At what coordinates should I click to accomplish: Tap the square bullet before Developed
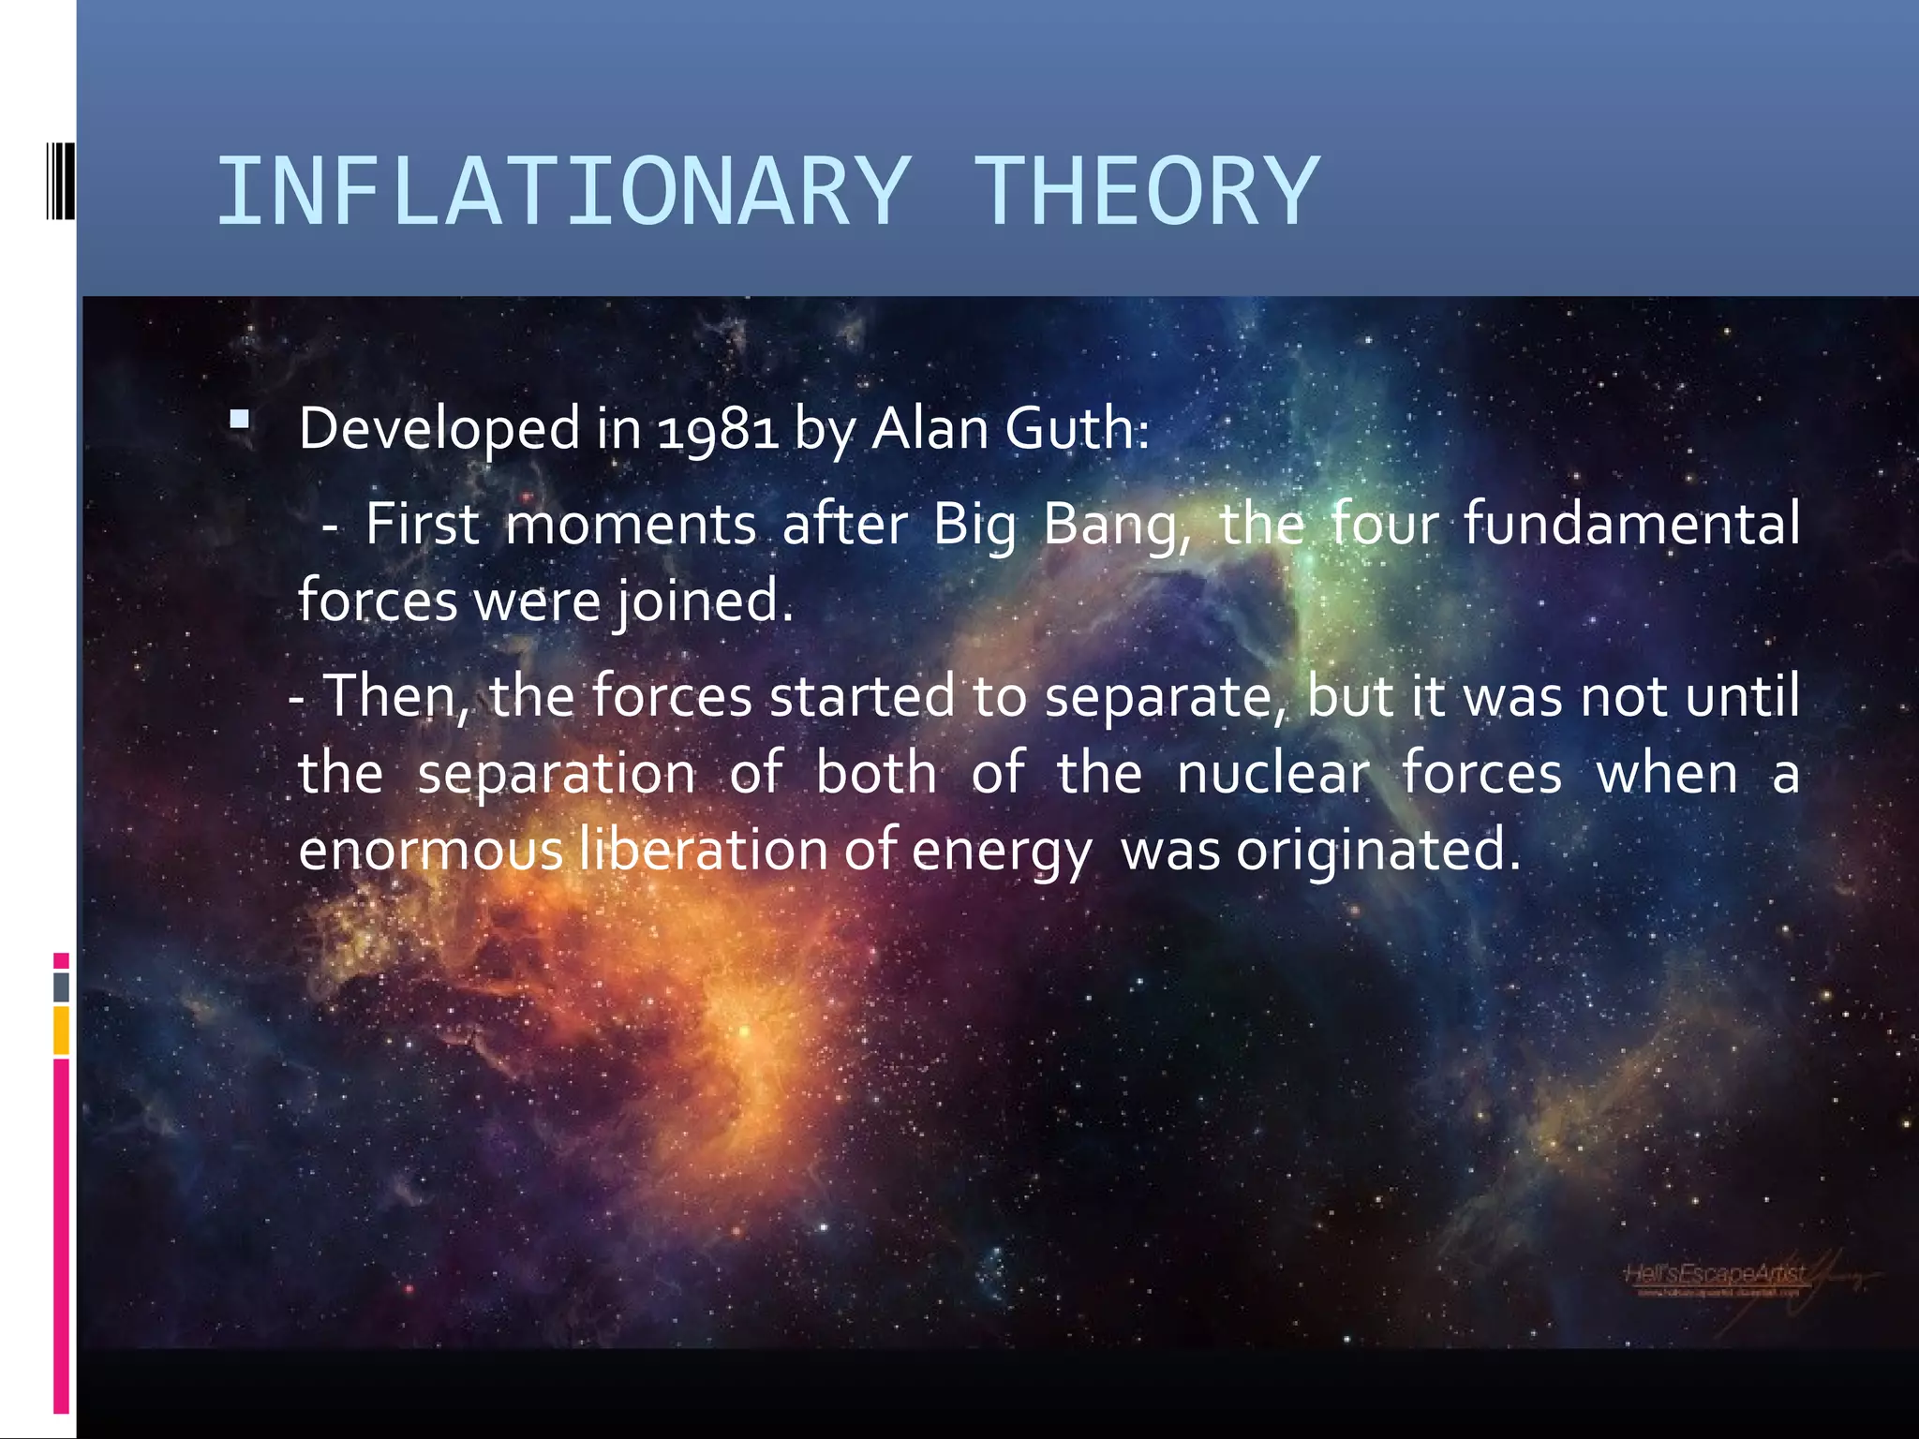point(240,419)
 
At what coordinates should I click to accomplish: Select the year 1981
point(718,429)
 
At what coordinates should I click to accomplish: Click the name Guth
point(1076,429)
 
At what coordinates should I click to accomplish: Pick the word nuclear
point(1272,774)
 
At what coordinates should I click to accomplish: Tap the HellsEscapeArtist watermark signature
point(1715,1276)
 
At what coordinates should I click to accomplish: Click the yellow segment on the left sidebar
point(61,1031)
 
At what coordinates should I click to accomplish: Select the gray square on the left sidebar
point(61,987)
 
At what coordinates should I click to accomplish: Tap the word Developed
point(439,429)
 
